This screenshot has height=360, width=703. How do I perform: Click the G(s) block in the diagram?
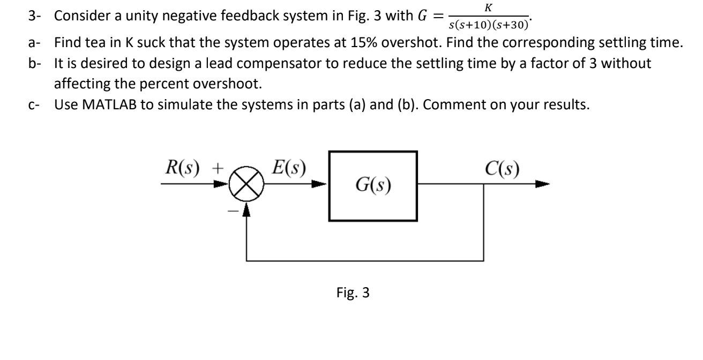click(372, 186)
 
